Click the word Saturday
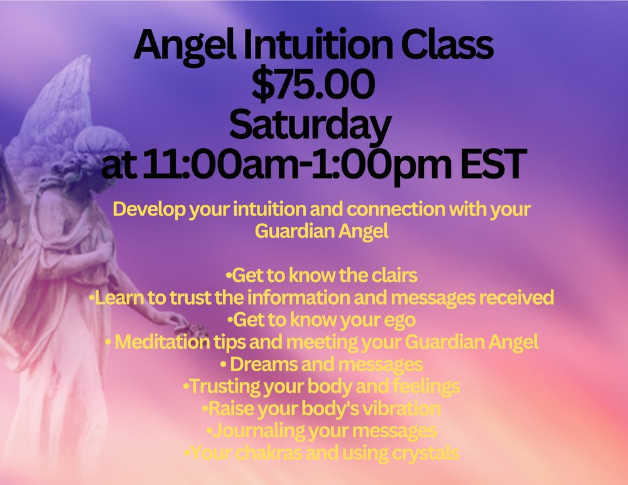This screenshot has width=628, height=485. pyautogui.click(x=310, y=126)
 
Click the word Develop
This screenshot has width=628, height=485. pyautogui.click(x=149, y=210)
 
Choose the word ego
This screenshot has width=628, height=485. pyautogui.click(x=399, y=320)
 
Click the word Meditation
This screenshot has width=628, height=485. pyautogui.click(x=162, y=342)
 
